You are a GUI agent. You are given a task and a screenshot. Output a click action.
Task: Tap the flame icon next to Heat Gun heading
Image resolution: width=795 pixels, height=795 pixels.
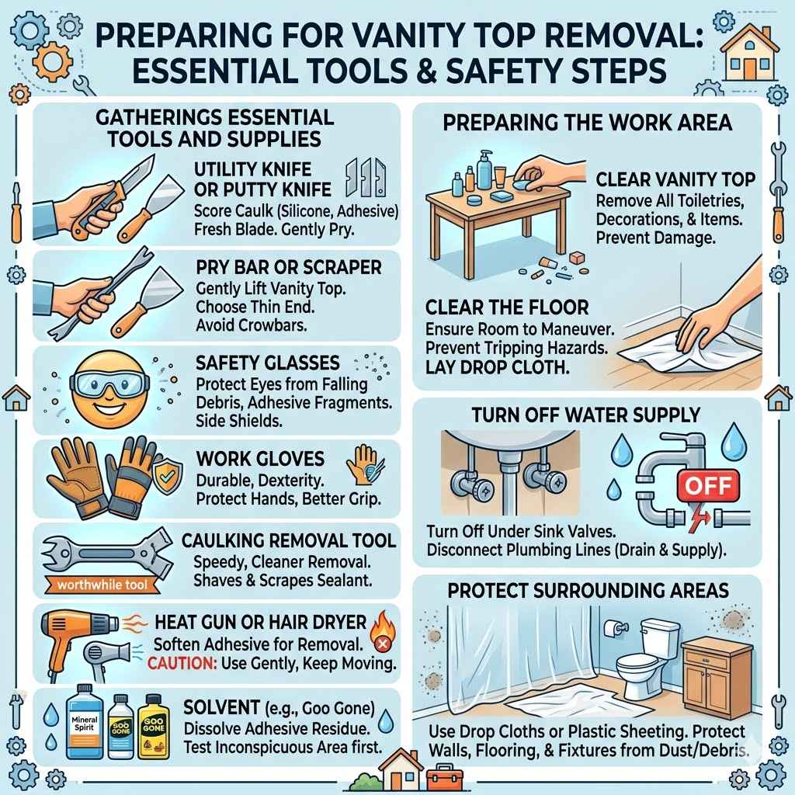(380, 624)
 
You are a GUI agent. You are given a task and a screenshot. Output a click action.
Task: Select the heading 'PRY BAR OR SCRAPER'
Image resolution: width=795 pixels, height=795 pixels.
(289, 268)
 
